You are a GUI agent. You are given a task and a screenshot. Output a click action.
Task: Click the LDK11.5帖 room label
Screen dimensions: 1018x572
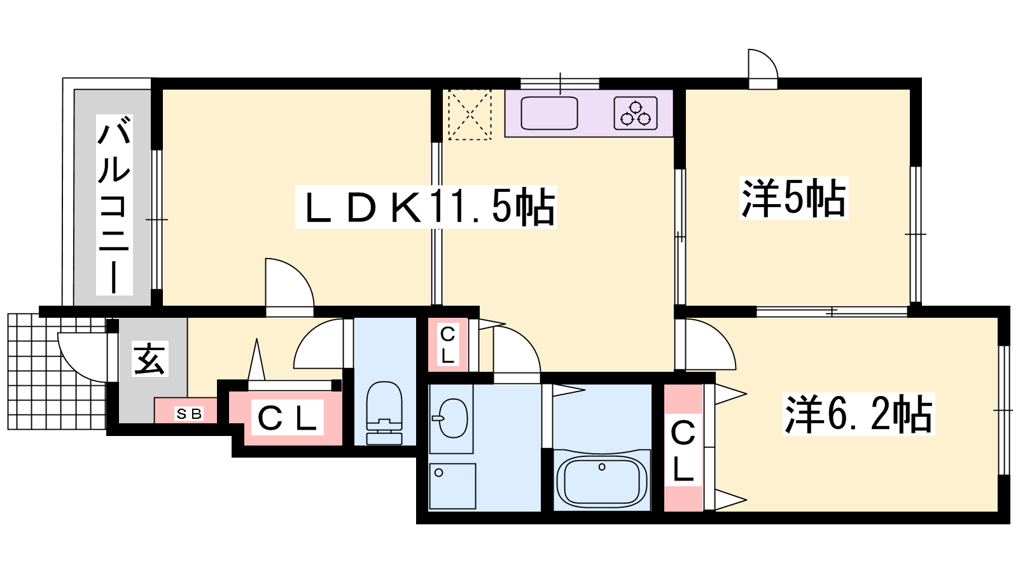[x=426, y=207]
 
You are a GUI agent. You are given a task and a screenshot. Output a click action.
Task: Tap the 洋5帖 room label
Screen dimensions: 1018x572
[x=793, y=198]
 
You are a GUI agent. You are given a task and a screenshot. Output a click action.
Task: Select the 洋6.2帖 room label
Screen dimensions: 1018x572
[x=858, y=414]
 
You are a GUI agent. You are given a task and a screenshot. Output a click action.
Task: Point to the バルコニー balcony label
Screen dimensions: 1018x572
[x=114, y=205]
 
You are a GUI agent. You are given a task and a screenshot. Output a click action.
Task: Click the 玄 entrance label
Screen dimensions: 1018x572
[x=150, y=358]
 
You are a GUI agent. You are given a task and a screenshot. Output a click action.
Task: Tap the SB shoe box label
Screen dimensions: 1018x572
[x=189, y=414]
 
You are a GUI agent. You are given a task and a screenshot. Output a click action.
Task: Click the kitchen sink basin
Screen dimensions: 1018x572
[x=549, y=113]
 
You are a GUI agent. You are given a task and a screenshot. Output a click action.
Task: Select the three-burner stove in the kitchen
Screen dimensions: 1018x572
[x=636, y=113]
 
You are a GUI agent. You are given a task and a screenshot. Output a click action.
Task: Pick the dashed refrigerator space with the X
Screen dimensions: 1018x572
[x=470, y=115]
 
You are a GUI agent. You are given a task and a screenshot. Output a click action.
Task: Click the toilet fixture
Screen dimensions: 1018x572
[x=384, y=413]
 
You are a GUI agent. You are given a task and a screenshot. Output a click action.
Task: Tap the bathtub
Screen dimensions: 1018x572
[x=602, y=481]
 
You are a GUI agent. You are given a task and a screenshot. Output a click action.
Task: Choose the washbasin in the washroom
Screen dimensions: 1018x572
[x=451, y=418]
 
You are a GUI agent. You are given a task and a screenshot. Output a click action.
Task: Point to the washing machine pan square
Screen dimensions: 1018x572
[x=452, y=486]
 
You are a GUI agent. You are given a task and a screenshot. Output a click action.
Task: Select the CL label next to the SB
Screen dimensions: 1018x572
[x=287, y=418]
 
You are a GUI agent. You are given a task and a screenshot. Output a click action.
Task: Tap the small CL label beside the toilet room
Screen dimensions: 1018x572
[x=448, y=345]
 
